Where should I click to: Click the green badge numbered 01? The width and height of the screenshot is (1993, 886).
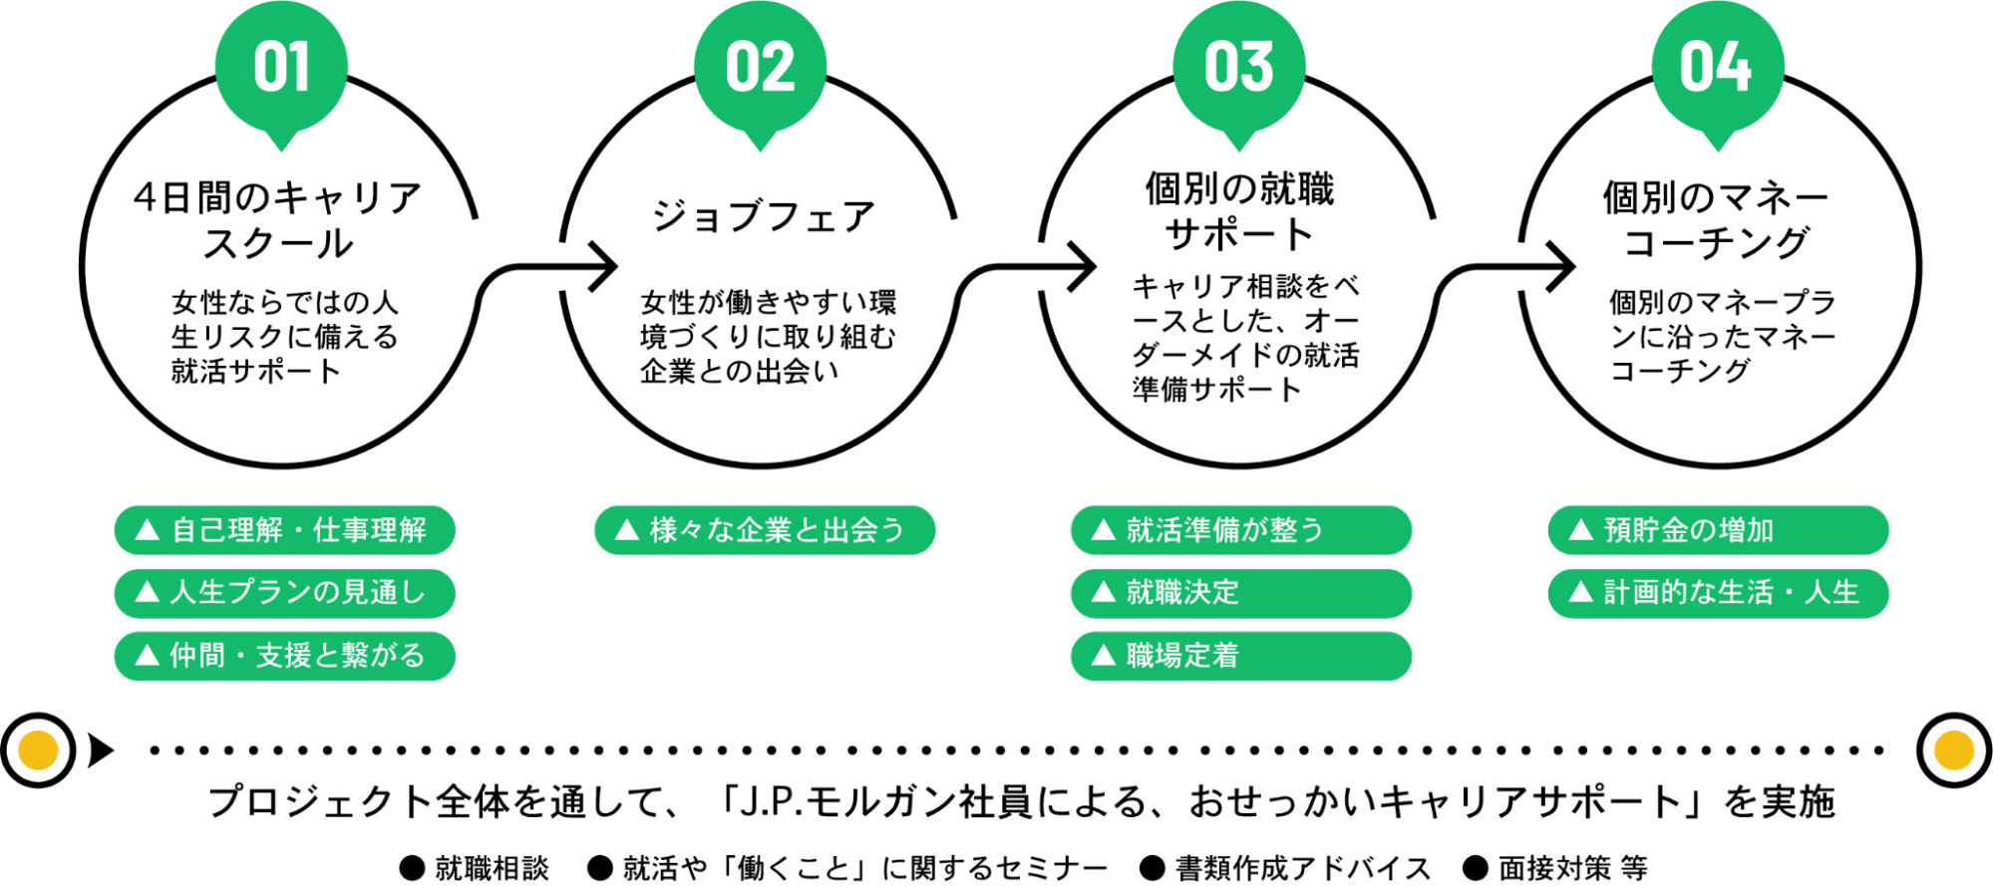point(281,68)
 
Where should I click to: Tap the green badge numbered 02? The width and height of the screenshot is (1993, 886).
point(760,68)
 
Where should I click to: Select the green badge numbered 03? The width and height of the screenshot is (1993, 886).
point(1238,68)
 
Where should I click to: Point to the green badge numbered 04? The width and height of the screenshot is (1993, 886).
point(1717,68)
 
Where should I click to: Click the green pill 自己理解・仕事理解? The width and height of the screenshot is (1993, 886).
point(284,530)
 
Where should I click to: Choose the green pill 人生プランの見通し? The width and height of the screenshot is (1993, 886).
point(284,593)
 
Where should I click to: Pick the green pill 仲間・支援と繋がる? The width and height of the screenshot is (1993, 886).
point(284,656)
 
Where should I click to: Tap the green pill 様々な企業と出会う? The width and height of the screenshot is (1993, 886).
point(765,530)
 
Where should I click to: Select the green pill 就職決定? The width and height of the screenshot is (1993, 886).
point(1241,593)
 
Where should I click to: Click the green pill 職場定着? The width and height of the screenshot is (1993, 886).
point(1241,656)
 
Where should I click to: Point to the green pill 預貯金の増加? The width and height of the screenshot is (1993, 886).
point(1718,530)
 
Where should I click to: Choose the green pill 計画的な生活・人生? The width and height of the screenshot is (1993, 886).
point(1718,593)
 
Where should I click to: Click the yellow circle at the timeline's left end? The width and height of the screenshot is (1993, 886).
point(38,750)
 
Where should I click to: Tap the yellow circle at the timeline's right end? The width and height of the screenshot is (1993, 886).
point(1954,750)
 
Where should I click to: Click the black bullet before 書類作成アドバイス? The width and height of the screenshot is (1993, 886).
point(1153,868)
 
